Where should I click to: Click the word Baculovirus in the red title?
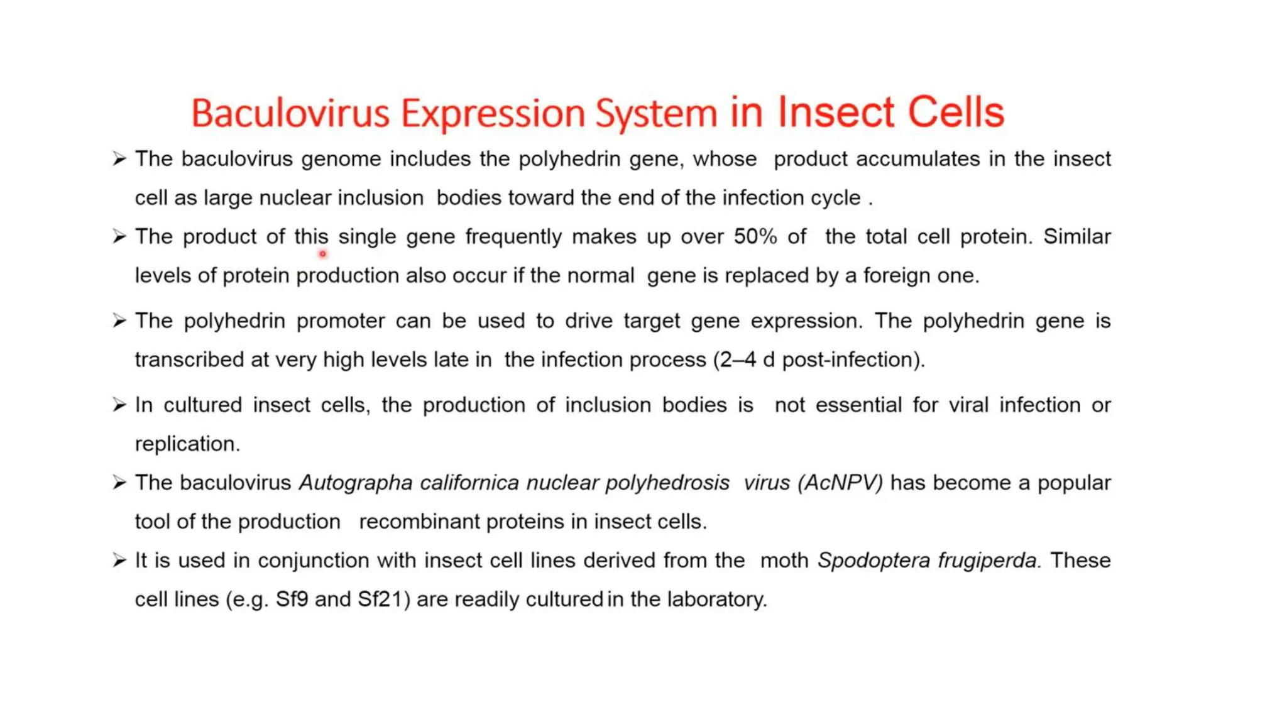[290, 114]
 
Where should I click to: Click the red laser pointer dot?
[322, 254]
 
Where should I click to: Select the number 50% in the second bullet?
[755, 237]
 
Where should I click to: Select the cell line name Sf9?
[292, 599]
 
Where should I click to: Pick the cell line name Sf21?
[380, 599]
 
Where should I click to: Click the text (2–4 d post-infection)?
[819, 359]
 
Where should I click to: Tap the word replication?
[187, 444]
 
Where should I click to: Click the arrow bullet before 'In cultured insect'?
[119, 405]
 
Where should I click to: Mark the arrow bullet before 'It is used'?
[119, 560]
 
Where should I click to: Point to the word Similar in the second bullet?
[1077, 237]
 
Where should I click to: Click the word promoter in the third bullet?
[340, 321]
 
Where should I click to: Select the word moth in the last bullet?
[784, 560]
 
